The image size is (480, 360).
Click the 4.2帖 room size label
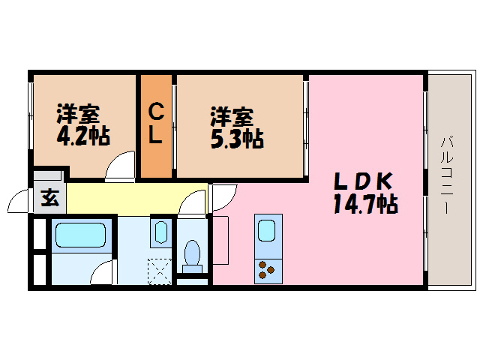coord(82,136)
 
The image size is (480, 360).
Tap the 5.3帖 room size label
coord(237,139)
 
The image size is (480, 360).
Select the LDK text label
coord(364,181)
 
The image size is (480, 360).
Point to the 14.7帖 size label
coord(365,203)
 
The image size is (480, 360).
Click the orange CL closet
coord(156,125)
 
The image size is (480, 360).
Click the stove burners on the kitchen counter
coord(267,268)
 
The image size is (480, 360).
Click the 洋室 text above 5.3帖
coord(231,117)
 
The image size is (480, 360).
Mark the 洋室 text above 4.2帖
coord(78,115)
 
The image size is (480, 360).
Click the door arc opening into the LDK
coord(223,197)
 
